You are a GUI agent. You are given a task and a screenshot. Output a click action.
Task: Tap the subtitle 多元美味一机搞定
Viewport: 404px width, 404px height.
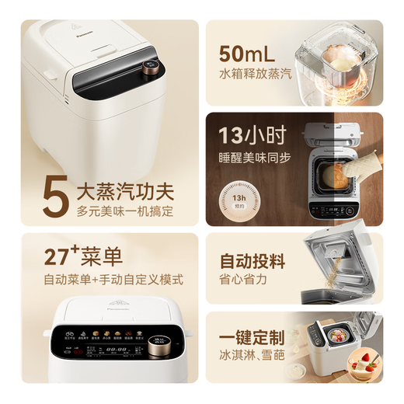pyautogui.click(x=125, y=211)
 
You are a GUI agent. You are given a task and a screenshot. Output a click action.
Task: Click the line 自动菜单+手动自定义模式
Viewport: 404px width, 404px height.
pyautogui.click(x=111, y=279)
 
